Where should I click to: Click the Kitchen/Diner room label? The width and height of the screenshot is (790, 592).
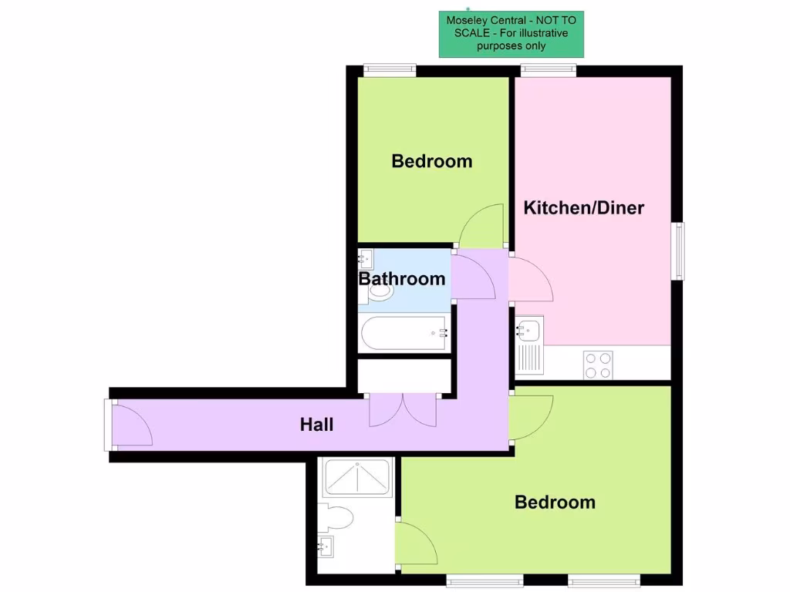point(583,207)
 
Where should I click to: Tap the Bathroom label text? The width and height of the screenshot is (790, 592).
point(402,278)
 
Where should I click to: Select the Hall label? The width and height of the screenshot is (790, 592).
point(317,424)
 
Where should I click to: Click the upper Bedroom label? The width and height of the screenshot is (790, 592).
point(431,161)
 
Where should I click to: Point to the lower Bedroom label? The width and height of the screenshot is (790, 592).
point(555,503)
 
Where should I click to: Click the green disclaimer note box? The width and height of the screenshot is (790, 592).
point(511,35)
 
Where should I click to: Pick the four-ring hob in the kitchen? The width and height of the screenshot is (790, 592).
point(598,364)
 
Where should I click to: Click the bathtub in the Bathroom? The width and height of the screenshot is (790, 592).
point(403,333)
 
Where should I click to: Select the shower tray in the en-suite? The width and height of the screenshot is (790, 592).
point(357,477)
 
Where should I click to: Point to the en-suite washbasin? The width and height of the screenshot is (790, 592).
point(326,547)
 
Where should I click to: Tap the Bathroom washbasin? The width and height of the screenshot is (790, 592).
point(366,258)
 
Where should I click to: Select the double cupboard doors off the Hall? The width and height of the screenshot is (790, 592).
point(403,409)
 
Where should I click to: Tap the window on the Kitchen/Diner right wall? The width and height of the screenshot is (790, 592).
point(678,251)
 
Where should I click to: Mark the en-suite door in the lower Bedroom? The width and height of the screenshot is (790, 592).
point(415,544)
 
